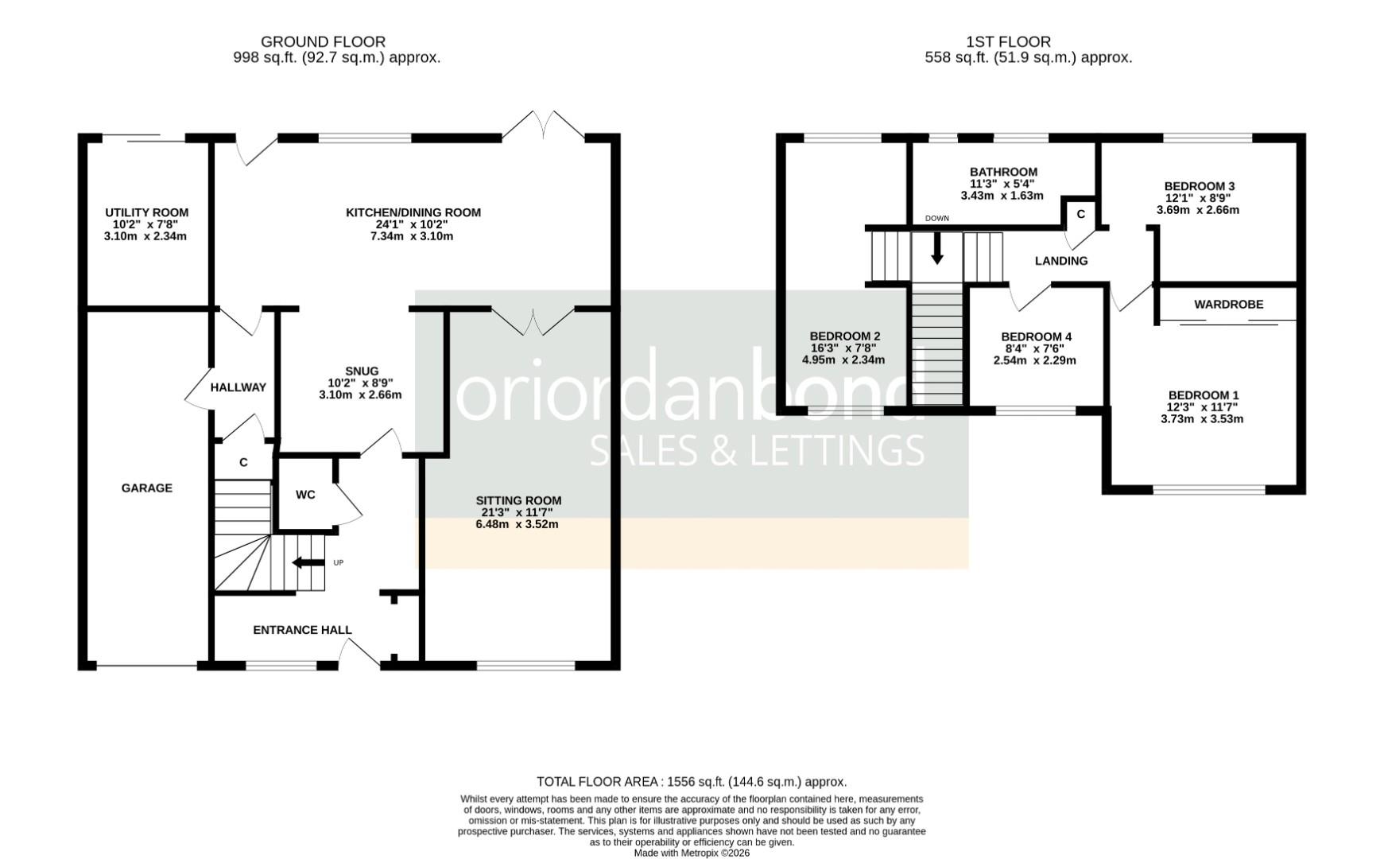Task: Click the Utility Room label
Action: pos(146,212)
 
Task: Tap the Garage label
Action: pos(146,488)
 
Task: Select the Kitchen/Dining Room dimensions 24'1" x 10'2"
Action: pos(413,224)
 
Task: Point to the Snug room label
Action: pos(362,371)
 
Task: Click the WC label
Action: pos(305,495)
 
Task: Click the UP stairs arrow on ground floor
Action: pos(308,563)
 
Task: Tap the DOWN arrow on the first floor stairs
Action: pos(937,247)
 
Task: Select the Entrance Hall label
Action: pos(302,630)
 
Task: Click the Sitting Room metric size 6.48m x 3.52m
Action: pos(518,524)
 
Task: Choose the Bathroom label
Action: pos(1003,172)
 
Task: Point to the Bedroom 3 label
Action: pos(1199,186)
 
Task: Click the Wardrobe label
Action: pos(1228,305)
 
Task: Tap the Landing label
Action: pos(1061,261)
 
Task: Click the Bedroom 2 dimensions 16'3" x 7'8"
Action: pos(843,348)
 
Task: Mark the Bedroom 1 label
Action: pos(1203,395)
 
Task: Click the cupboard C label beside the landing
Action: pos(1080,214)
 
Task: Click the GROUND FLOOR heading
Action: pos(323,41)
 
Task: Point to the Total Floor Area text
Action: pos(692,782)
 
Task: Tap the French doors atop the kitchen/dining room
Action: pos(544,126)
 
